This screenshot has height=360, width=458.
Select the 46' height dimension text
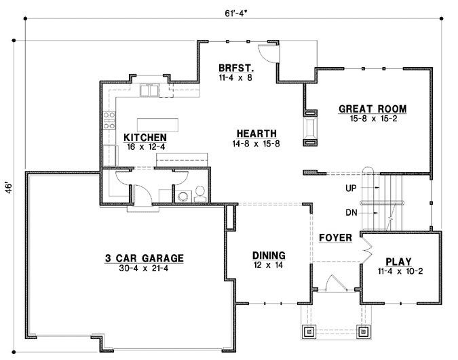pyautogui.click(x=9, y=187)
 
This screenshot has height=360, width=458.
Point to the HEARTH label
pyautogui.click(x=250, y=133)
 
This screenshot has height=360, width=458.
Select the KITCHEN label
pyautogui.click(x=145, y=137)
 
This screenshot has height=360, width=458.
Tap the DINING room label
pyautogui.click(x=269, y=255)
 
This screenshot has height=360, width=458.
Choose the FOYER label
pyautogui.click(x=335, y=238)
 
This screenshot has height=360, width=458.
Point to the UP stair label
pyautogui.click(x=351, y=187)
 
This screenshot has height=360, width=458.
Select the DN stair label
pyautogui.click(x=351, y=213)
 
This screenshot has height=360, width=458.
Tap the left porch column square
pyautogui.click(x=309, y=332)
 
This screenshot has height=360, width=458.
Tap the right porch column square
pyautogui.click(x=363, y=332)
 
